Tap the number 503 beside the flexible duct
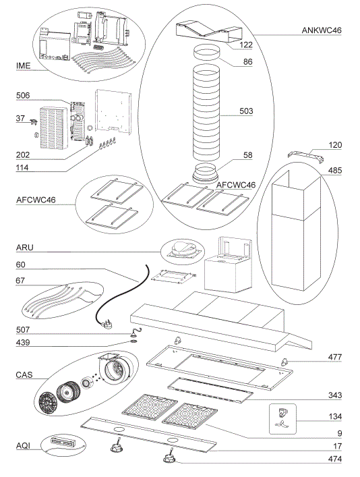click(246, 112)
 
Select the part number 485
click(334, 171)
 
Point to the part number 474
click(334, 459)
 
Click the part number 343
click(334, 394)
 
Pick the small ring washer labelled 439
click(134, 341)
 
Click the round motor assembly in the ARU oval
click(182, 250)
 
